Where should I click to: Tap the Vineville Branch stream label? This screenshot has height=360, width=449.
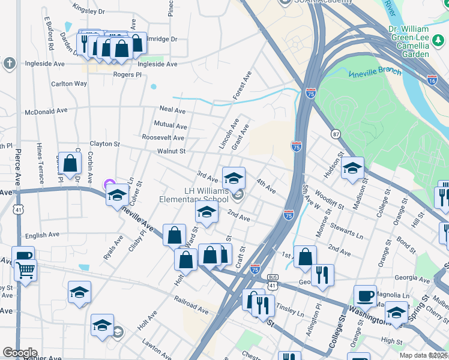click(x=375, y=72)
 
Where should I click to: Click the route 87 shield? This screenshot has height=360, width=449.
click(x=335, y=134)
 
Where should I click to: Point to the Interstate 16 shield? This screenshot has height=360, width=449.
click(x=432, y=79)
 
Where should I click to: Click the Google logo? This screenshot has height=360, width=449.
click(x=20, y=353)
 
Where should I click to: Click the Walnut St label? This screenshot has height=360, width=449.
click(x=172, y=151)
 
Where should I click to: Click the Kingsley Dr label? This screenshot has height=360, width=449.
click(x=88, y=11)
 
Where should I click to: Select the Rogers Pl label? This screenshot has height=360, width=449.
click(x=127, y=75)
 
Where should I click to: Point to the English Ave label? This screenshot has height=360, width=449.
click(x=43, y=235)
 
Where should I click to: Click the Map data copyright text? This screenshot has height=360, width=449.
click(x=423, y=355)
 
